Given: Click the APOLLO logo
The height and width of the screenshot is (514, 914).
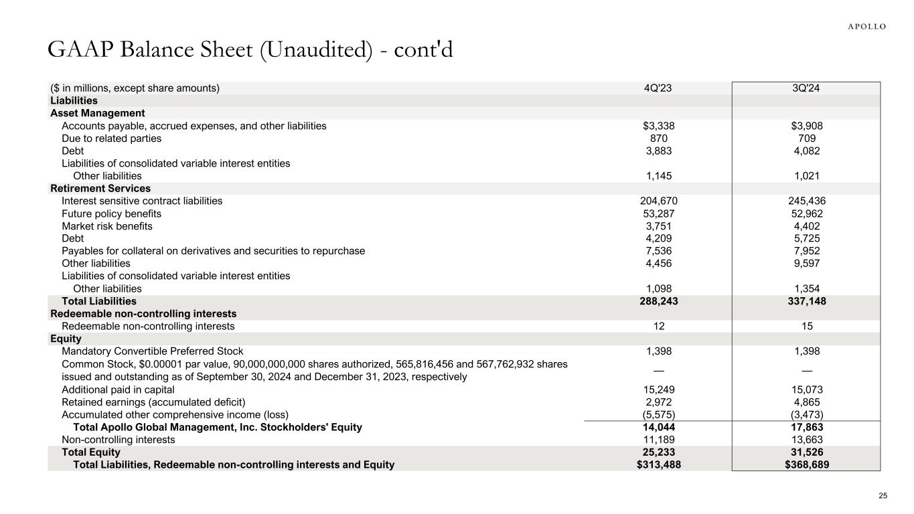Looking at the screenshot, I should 867,27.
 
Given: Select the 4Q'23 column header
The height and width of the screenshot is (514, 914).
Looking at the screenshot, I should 656,88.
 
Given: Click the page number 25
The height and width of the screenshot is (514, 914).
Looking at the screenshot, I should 883,496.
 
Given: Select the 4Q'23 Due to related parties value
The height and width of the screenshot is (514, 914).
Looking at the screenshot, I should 656,139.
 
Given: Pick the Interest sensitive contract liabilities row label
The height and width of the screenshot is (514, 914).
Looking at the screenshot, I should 142,201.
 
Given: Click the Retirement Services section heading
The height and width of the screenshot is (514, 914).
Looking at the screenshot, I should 100,189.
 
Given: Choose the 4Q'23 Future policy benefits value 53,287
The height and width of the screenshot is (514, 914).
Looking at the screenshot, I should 656,214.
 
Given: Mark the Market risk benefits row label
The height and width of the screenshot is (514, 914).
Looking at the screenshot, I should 107,226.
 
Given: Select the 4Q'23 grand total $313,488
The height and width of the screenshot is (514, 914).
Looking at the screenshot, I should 656,464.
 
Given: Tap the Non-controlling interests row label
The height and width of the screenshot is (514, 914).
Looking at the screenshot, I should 118,440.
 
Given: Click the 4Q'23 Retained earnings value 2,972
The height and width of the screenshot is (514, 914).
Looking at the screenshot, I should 656,402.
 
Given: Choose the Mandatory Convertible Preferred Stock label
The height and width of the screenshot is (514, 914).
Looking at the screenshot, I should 153,351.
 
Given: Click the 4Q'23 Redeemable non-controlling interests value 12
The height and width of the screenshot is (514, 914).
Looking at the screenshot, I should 656,327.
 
